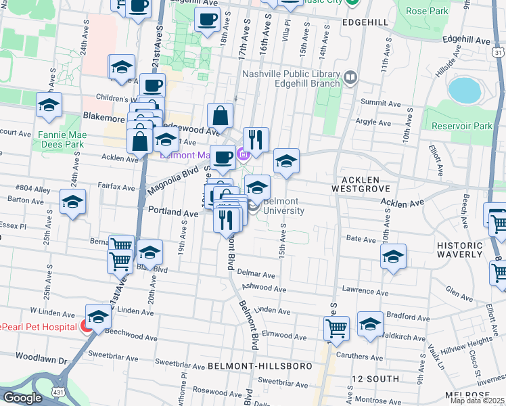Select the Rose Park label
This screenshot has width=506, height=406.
pyautogui.click(x=427, y=11)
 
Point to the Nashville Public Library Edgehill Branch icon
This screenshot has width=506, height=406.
pyautogui.click(x=350, y=78)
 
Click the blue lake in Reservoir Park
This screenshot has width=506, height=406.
pyautogui.click(x=463, y=89)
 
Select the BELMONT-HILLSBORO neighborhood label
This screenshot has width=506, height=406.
pyautogui.click(x=260, y=366)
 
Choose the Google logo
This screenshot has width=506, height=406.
pyautogui.click(x=22, y=398)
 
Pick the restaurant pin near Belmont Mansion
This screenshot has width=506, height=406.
pyautogui.click(x=256, y=139)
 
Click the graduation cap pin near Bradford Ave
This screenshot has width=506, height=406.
pyautogui.click(x=370, y=323)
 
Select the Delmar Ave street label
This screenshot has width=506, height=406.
pyautogui.click(x=256, y=275)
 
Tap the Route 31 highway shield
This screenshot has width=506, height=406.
pyautogui.click(x=498, y=51)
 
